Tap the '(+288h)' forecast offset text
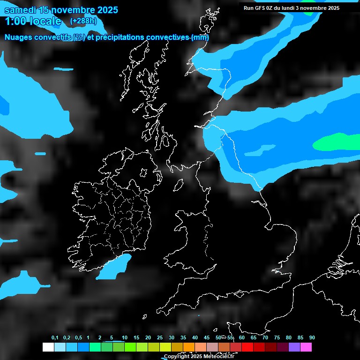tap(83, 21)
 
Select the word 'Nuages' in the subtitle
tap(18, 37)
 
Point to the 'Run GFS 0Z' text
tap(258, 8)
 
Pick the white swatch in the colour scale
tap(48, 347)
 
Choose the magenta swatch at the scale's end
tap(306, 347)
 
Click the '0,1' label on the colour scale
tap(55, 338)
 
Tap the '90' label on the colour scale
tap(312, 338)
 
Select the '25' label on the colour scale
tap(159, 338)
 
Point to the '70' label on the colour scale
tap(265, 338)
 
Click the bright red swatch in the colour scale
tap(247, 347)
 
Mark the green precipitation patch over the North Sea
tap(337, 142)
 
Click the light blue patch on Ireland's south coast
tap(115, 267)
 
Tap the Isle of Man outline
tap(179, 186)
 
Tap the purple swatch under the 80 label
tap(294, 347)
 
